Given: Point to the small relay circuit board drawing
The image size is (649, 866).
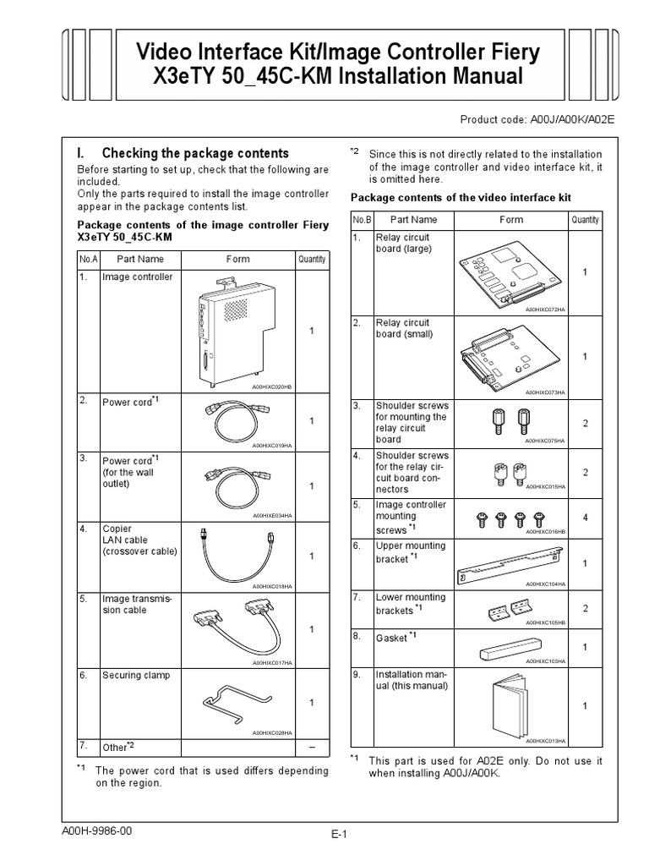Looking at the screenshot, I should [x=504, y=355].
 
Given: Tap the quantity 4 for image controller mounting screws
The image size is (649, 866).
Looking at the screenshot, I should [x=584, y=517].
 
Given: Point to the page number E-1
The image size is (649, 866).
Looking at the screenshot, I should [x=340, y=834].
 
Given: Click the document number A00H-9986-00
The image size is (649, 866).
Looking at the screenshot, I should [x=97, y=830].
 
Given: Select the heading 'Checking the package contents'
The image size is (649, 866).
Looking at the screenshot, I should [x=194, y=153].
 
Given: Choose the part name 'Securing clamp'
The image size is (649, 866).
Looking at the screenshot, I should [x=136, y=676].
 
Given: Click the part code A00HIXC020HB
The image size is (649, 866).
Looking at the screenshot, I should [x=271, y=386].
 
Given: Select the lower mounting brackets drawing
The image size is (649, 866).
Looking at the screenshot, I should [x=505, y=608].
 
